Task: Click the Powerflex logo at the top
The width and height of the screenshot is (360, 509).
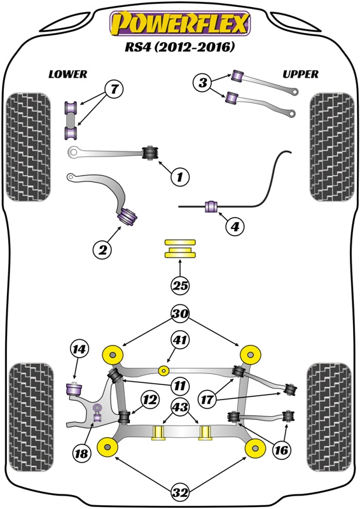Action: click(x=180, y=24)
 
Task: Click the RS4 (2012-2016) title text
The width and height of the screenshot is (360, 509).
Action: click(x=180, y=47)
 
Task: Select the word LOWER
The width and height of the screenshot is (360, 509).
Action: click(x=67, y=74)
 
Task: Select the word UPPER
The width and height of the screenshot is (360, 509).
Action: click(x=300, y=74)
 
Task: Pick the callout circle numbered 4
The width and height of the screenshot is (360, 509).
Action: click(x=235, y=225)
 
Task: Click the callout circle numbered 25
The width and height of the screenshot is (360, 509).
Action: click(x=181, y=286)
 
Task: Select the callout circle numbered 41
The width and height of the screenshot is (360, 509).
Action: click(x=181, y=342)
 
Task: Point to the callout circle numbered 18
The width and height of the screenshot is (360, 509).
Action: click(x=81, y=454)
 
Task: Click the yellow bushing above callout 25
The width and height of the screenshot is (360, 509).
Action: click(x=181, y=249)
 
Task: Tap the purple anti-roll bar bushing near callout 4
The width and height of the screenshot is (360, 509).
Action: click(x=211, y=206)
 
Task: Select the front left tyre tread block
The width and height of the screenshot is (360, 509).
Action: click(x=27, y=148)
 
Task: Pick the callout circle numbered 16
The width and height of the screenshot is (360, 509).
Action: click(x=282, y=450)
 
